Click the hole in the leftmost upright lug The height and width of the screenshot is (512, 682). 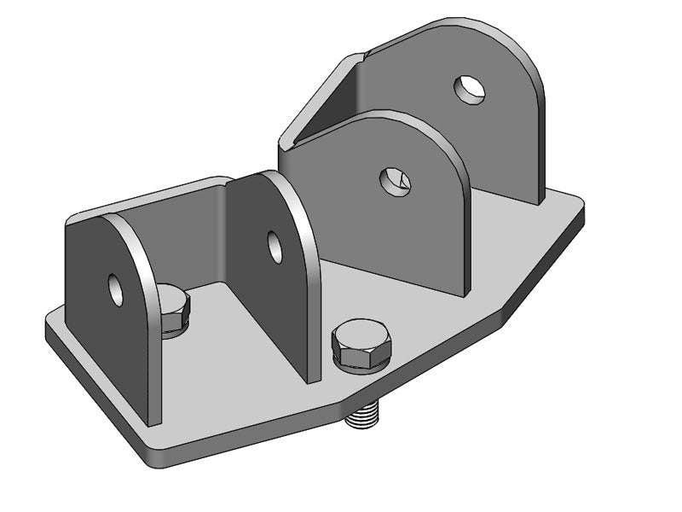click(x=116, y=289)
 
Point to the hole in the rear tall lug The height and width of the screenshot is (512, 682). click(x=469, y=89)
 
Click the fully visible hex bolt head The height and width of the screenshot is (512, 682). click(x=361, y=343)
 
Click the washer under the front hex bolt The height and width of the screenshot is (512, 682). click(x=361, y=365)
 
